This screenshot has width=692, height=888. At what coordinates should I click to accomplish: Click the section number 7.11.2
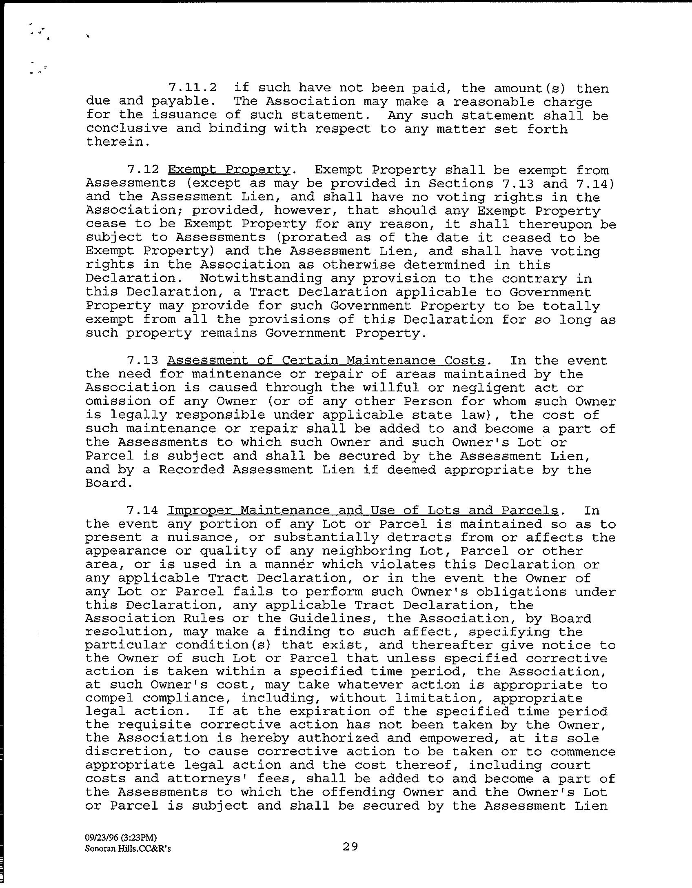pos(192,88)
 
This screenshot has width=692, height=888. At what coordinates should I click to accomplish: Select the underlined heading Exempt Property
pos(228,170)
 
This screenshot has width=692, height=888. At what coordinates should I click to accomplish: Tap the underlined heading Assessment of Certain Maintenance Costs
pos(326,360)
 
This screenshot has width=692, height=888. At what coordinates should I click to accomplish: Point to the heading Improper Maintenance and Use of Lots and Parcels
pos(363,510)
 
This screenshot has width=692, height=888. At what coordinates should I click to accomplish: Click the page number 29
pos(350,847)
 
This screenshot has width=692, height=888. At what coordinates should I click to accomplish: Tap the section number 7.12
pos(143,170)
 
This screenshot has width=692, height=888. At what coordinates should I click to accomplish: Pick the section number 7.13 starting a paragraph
pos(143,360)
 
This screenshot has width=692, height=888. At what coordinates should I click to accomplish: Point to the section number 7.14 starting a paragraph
pos(143,510)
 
